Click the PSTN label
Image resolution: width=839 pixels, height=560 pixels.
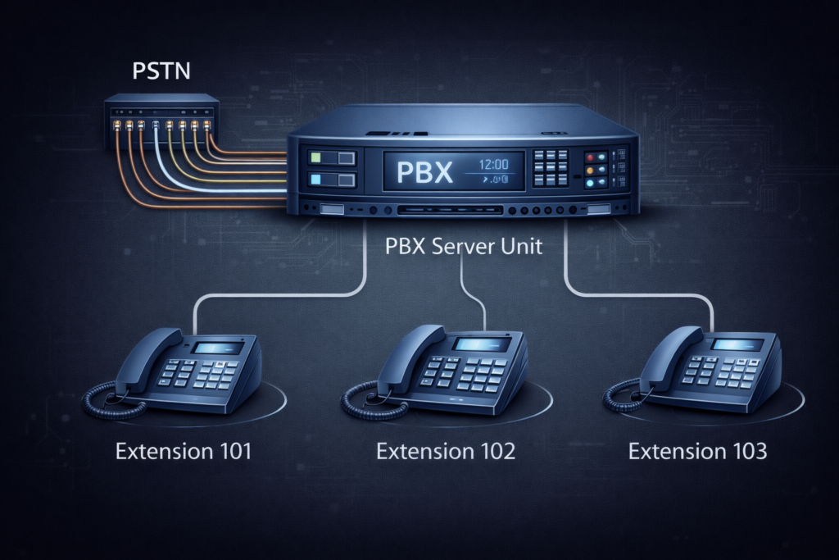[161, 71]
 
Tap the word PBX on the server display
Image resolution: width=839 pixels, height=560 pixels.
[424, 171]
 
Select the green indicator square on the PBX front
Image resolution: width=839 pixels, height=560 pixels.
[315, 157]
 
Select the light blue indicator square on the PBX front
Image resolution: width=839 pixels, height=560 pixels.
[315, 180]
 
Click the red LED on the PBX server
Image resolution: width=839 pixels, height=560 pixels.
[589, 157]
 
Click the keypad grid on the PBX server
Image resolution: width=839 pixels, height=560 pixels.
[550, 170]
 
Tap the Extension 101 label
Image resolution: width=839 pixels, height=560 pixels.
[184, 451]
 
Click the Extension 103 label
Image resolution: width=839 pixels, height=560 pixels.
[697, 451]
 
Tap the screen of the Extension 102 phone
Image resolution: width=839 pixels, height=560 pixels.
[479, 344]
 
